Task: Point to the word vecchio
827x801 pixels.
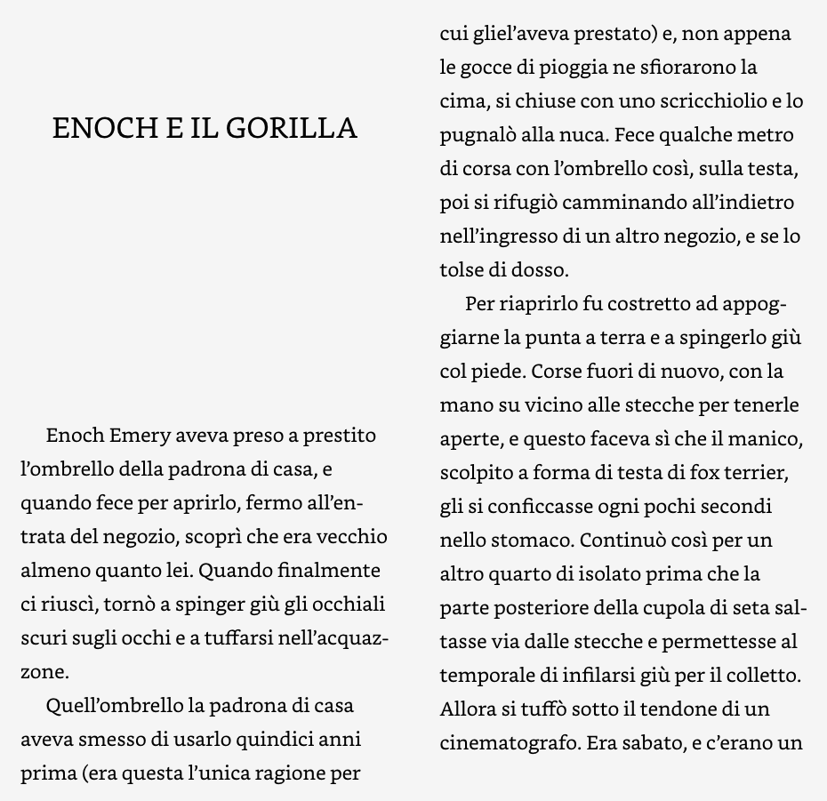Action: pyautogui.click(x=357, y=537)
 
